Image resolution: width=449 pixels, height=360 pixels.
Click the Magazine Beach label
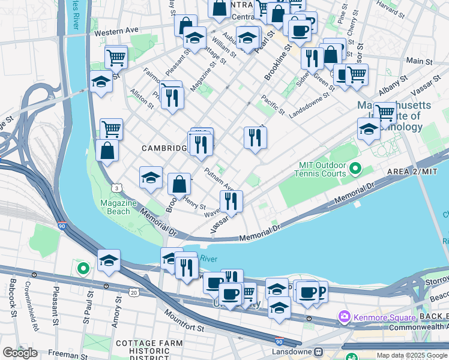(115, 208)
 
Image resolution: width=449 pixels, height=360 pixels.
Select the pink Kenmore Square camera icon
(345, 316)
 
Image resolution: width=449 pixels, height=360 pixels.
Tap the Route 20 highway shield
(133, 292)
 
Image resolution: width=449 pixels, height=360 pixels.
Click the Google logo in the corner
(20, 353)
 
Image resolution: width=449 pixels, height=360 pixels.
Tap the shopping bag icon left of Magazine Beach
(107, 151)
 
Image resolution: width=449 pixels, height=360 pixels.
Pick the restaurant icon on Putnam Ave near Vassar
(231, 202)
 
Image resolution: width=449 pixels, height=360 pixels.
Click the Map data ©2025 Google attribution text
(412, 355)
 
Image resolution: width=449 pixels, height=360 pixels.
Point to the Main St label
(415, 61)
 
